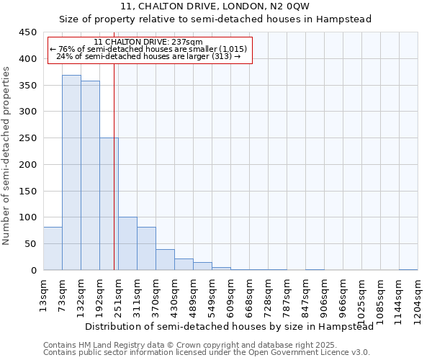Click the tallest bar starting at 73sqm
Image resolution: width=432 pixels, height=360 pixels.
coord(71,173)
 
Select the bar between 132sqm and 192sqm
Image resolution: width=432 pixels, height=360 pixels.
coord(90,176)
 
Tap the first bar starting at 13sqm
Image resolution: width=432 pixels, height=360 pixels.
coord(53,248)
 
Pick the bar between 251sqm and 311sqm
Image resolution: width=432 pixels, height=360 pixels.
coord(127,243)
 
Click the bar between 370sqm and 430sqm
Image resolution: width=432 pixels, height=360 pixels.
coord(165,259)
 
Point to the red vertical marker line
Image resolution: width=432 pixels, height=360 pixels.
coord(114,166)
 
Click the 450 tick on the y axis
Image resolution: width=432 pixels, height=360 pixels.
coord(27,32)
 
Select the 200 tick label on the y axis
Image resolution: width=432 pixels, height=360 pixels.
coord(27,165)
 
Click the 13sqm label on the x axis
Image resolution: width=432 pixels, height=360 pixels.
coord(44,294)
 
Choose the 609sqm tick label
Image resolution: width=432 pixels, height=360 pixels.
coord(231,296)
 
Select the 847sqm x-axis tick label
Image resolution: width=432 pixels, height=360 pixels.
coord(306,296)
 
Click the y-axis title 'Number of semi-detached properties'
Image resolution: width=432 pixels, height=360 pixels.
coord(7,156)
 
